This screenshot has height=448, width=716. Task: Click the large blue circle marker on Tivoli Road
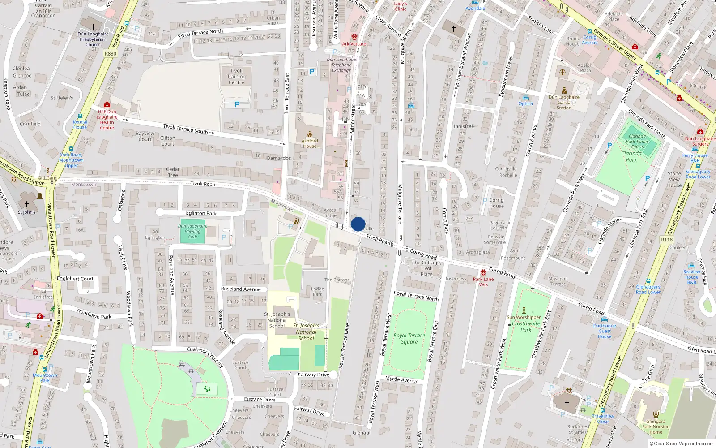tap(358, 224)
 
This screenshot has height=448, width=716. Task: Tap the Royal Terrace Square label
tap(409, 339)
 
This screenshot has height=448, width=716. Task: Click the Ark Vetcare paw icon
tap(354, 37)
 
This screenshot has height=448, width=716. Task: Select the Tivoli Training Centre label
tap(236, 77)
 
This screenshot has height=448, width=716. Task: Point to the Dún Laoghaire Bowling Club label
tap(192, 231)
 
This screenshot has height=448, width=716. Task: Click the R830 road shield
tap(110, 54)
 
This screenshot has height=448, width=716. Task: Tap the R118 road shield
tap(667, 240)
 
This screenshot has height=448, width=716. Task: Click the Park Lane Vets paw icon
tap(483, 272)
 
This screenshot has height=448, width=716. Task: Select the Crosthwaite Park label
tap(526, 327)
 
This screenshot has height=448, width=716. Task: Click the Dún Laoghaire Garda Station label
tap(564, 102)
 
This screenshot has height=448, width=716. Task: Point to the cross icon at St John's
tap(27, 204)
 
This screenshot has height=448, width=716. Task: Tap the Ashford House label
tap(309, 143)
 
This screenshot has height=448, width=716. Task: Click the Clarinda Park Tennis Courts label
tap(637, 142)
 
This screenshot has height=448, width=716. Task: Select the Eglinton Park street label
tap(201, 213)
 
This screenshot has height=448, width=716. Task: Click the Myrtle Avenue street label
tap(402, 379)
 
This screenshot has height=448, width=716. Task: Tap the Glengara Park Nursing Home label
tap(656, 426)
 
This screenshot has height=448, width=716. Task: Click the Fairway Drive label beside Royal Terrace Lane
tap(313, 375)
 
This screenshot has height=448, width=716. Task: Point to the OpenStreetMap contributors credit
tap(681, 444)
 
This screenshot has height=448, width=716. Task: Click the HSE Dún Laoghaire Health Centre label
tap(107, 120)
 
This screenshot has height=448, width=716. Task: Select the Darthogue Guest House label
tap(605, 331)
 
